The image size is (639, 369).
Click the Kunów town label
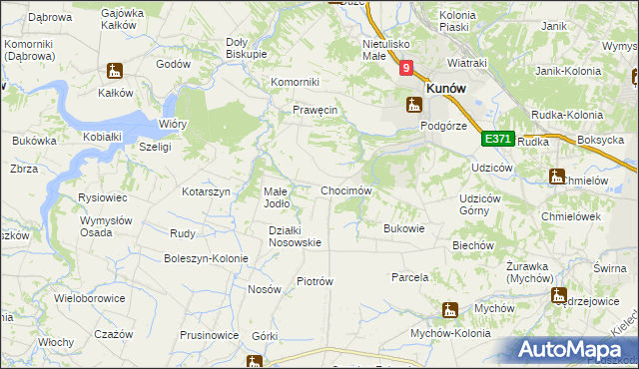coord(448,88)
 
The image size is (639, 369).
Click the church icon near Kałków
coord(115,71)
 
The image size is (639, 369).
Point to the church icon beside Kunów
coord(413,104)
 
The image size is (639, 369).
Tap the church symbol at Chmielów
coord(557,178)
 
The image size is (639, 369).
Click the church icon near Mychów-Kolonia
coord(450,310)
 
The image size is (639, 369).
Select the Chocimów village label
coord(346,190)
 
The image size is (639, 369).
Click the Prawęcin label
coord(317,111)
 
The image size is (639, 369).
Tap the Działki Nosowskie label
coord(295,236)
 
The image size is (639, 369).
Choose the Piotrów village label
coord(315,281)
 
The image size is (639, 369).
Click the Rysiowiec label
coord(100,197)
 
